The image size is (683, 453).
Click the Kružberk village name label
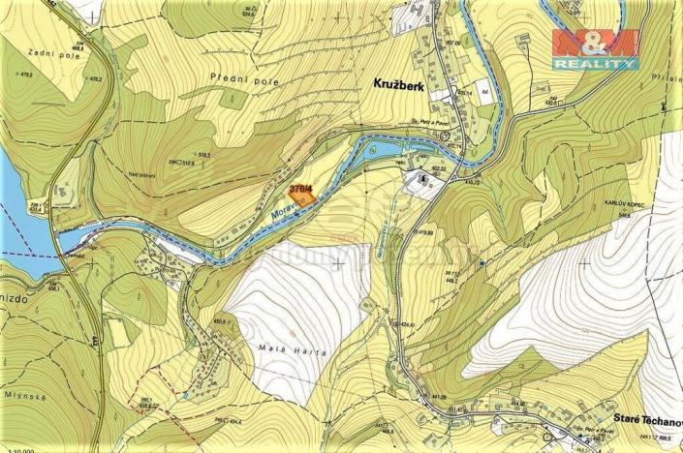coord(404,84)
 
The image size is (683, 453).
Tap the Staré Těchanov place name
coord(641,412)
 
